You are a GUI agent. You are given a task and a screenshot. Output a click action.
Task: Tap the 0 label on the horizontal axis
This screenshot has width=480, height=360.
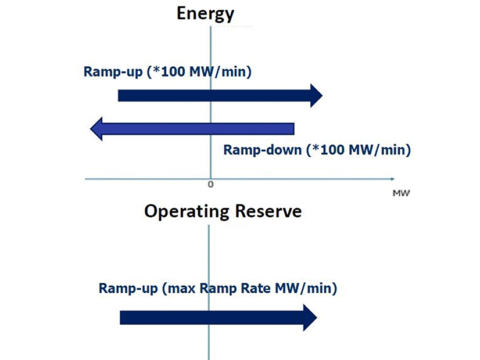click(x=210, y=185)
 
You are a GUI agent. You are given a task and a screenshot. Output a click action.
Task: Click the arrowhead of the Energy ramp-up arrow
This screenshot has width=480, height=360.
click(x=316, y=95)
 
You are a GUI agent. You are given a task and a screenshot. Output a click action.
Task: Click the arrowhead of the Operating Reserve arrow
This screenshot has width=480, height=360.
click(x=310, y=317)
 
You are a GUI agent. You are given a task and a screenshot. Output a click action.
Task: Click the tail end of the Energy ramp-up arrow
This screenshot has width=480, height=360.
click(x=120, y=95)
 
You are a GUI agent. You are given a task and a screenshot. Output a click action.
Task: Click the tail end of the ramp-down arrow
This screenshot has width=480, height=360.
click(x=292, y=128)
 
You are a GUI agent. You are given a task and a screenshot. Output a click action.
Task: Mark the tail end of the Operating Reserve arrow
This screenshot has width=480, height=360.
click(x=122, y=317)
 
